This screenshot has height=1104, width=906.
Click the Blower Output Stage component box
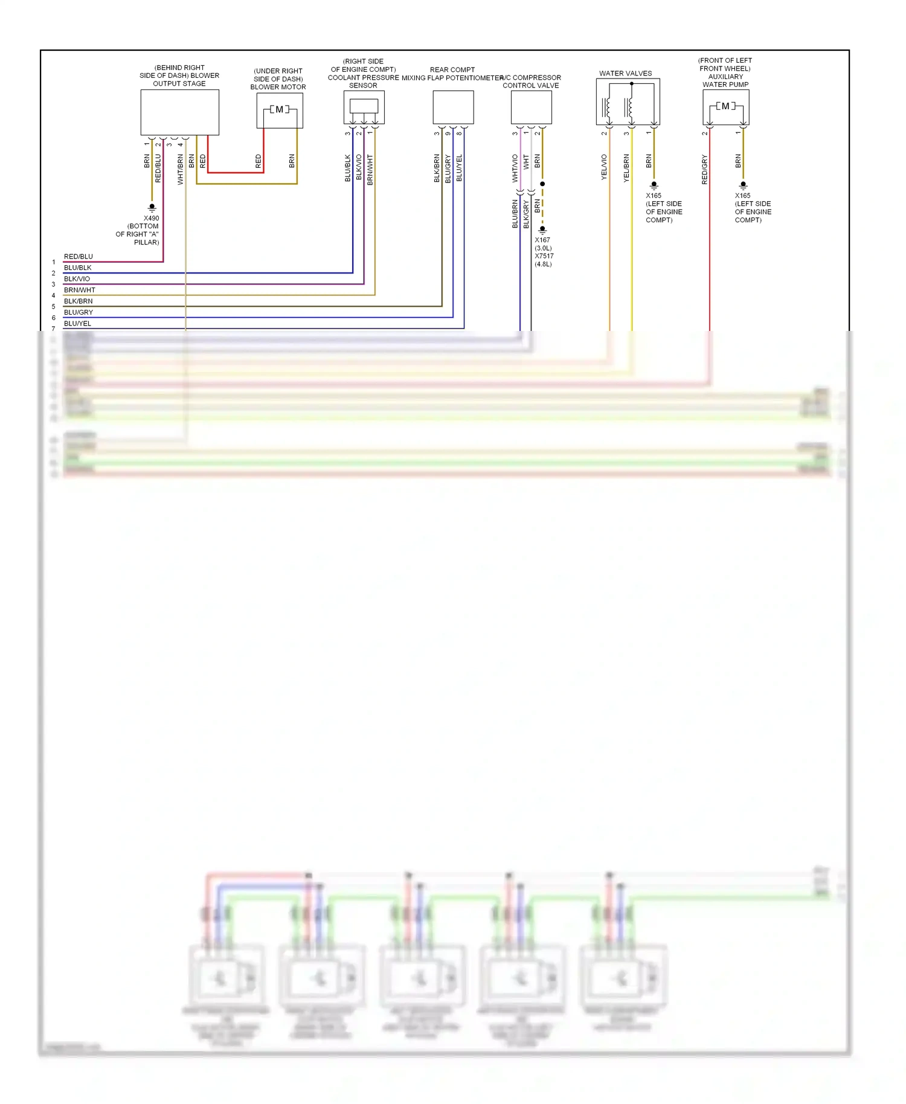click(x=179, y=112)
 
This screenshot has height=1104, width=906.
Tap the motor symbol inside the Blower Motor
click(x=279, y=109)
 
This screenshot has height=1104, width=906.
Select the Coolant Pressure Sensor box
click(x=364, y=107)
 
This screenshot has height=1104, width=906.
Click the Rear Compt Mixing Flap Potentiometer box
click(x=453, y=107)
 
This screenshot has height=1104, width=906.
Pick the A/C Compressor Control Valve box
click(x=531, y=107)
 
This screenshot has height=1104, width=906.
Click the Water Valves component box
click(x=628, y=102)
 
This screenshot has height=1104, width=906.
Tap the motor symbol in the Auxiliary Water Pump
click(x=725, y=106)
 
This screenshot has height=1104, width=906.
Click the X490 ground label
click(x=152, y=219)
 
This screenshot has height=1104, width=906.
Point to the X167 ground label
click(x=542, y=240)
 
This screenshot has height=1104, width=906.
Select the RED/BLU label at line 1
click(x=79, y=257)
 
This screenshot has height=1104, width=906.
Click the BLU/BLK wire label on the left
click(x=78, y=268)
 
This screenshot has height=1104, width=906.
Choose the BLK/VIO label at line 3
click(x=77, y=279)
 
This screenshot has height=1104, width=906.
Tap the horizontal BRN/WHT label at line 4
click(x=80, y=290)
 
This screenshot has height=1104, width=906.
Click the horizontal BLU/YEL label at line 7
click(x=77, y=324)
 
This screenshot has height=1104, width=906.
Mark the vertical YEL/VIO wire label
click(x=604, y=167)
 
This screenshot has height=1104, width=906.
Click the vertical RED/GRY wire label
click(x=704, y=169)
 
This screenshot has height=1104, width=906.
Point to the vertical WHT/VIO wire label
click(x=515, y=168)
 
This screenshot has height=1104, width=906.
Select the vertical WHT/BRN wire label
click(x=180, y=169)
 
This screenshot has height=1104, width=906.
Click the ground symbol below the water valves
click(x=654, y=186)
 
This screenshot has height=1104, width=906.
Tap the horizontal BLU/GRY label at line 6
click(x=79, y=312)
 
